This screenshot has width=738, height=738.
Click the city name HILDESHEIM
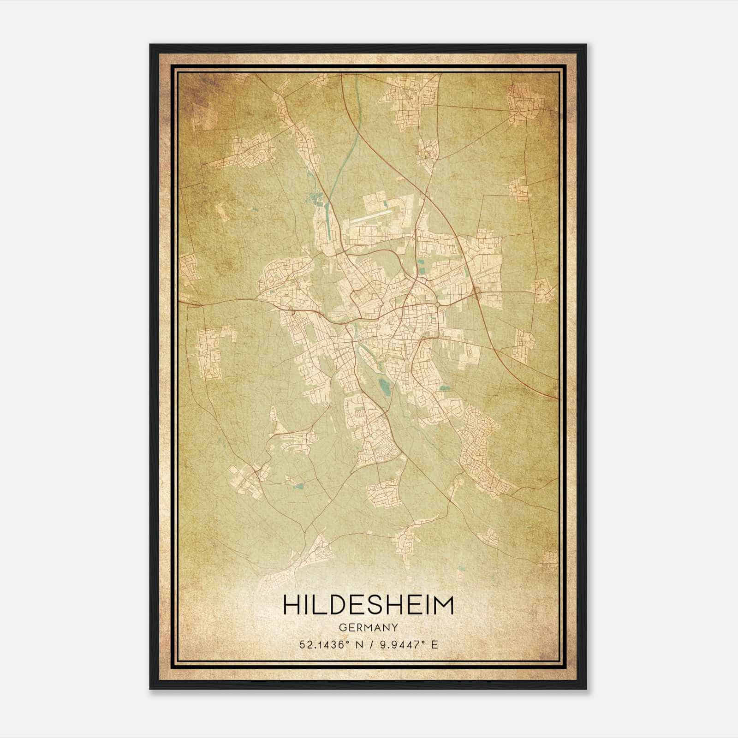coord(369,605)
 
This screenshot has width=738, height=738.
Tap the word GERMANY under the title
coord(369,628)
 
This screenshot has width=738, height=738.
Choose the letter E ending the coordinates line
coord(434,645)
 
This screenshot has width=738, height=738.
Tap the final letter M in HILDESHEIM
coord(443,605)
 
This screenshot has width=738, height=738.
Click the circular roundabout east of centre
coord(437,305)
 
